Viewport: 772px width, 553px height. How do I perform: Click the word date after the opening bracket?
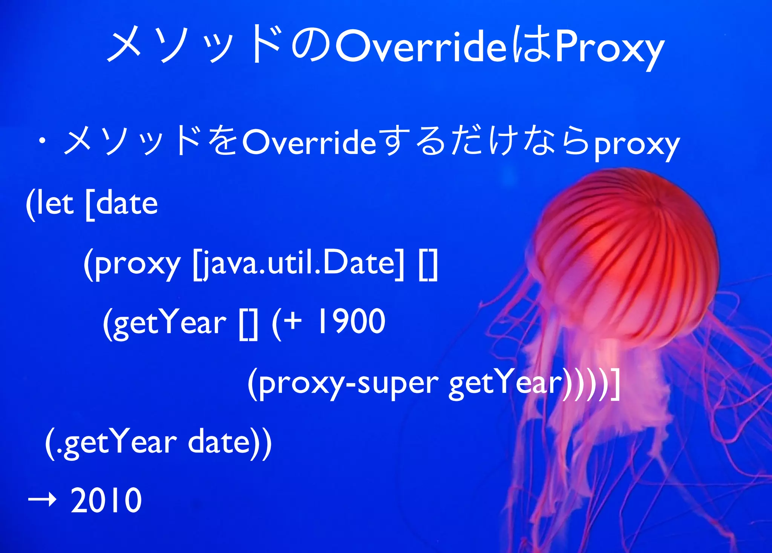click(x=127, y=204)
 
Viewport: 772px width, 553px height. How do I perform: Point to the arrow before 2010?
click(x=42, y=500)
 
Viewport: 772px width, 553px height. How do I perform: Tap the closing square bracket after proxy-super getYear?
click(x=615, y=383)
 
